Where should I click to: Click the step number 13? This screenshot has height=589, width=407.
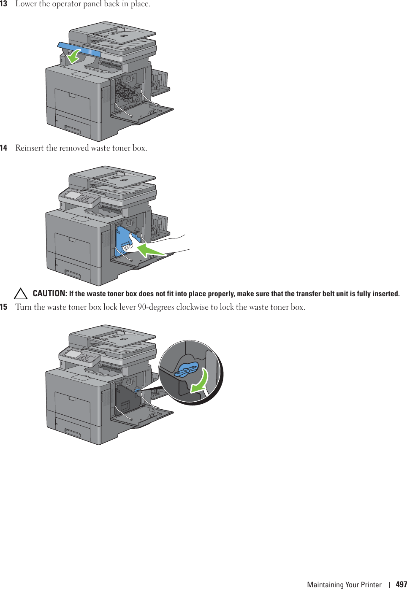coord(4,4)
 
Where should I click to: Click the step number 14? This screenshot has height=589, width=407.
coord(4,148)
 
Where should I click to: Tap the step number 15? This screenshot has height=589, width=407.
coord(4,307)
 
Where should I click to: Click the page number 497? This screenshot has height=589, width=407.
coord(401,584)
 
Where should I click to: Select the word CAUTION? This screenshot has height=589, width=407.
coord(49,293)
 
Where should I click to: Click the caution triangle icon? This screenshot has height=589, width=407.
coord(21,293)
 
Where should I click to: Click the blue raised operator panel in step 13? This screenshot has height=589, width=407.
coord(80,49)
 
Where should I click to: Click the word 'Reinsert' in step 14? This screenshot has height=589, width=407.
coord(30,148)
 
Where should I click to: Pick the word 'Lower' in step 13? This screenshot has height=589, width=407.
coord(26,4)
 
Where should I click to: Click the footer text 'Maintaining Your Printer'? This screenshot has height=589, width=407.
coord(344,584)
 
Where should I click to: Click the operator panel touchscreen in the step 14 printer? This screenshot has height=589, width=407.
coord(73,195)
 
